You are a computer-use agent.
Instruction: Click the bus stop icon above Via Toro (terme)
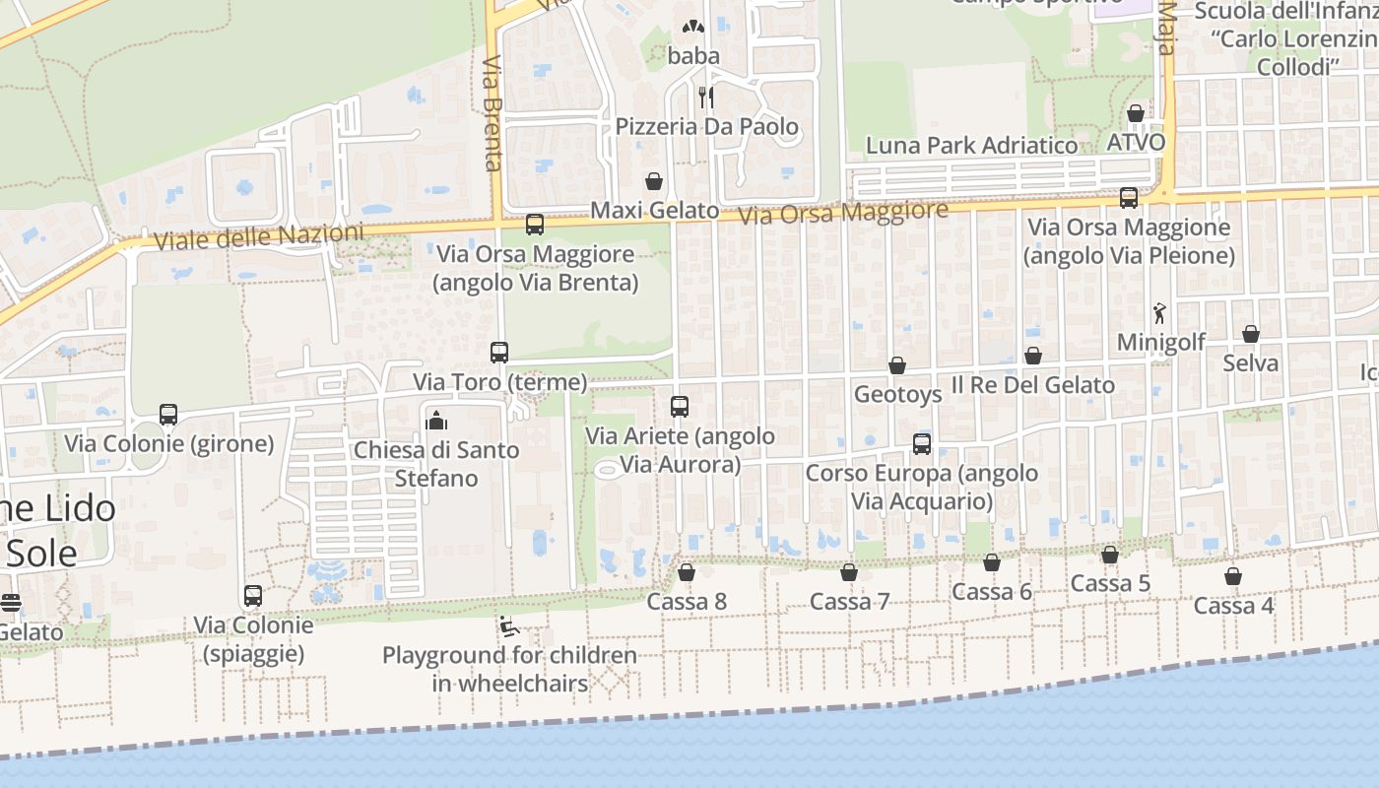point(499,353)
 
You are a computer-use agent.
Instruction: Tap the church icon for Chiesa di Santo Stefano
point(435,422)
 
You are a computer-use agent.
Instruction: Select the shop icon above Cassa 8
point(687,572)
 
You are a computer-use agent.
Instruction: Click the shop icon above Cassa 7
point(849,572)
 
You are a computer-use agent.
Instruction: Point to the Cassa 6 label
point(992,591)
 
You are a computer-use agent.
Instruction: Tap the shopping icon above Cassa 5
point(1110,555)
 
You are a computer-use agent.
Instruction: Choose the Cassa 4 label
point(1234,605)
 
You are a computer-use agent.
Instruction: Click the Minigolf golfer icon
point(1160,313)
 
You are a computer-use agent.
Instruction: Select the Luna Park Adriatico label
point(971,146)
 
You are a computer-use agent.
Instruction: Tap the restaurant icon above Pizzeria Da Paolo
point(706,97)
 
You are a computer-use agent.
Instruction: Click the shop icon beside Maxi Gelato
point(654,181)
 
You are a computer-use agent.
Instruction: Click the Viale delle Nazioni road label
point(259,236)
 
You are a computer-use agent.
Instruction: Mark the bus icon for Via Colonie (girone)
point(168,415)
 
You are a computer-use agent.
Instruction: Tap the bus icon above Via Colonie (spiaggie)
point(253,596)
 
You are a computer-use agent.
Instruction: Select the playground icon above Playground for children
point(508,626)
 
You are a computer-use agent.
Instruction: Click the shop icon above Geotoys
point(897,365)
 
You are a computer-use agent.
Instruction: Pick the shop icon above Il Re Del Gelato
point(1033,356)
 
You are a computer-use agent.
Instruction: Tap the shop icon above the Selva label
point(1251,334)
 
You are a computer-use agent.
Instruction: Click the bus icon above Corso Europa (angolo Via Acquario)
point(922,444)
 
